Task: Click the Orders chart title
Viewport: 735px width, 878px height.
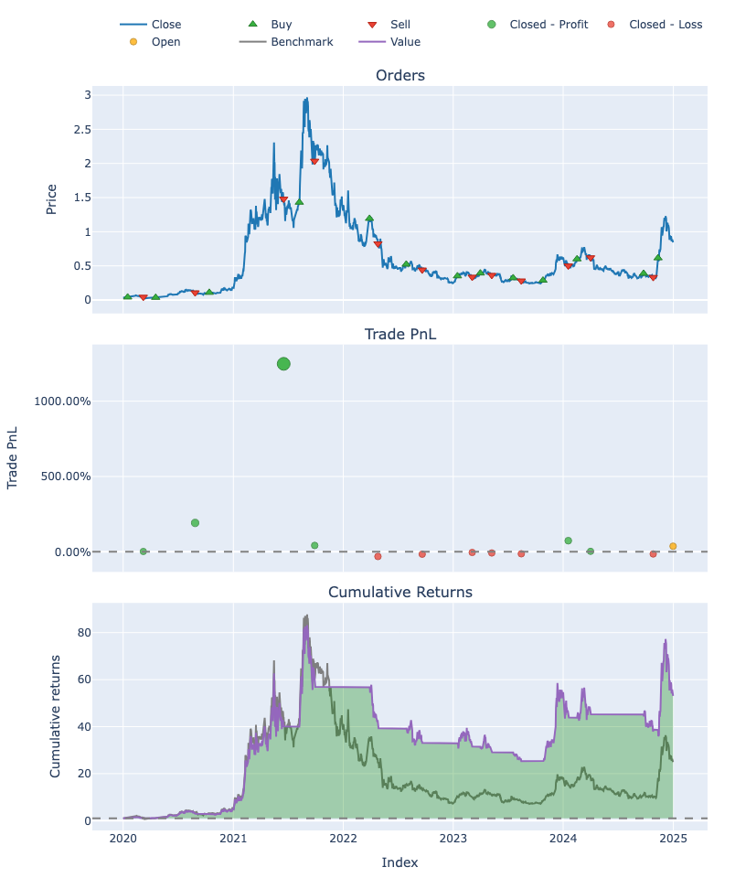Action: pos(399,75)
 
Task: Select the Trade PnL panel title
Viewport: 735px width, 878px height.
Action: pos(399,334)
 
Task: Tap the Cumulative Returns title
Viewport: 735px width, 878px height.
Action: pos(399,592)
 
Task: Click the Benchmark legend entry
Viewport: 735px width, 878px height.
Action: pos(302,41)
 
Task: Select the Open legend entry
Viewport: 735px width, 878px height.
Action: pos(165,41)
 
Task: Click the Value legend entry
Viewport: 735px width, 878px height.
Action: pos(405,41)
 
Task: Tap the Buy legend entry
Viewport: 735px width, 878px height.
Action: pos(282,24)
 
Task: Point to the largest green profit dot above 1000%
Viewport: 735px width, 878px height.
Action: pos(283,364)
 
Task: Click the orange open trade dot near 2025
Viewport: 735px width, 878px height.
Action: pos(673,546)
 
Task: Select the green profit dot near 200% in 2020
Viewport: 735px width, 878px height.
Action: pos(195,523)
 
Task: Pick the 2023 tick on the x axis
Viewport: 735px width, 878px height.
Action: pos(453,839)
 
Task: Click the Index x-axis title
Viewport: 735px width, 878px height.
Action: pos(399,862)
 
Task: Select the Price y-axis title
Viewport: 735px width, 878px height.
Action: pos(51,199)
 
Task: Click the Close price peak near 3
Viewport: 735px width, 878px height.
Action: pos(306,99)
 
